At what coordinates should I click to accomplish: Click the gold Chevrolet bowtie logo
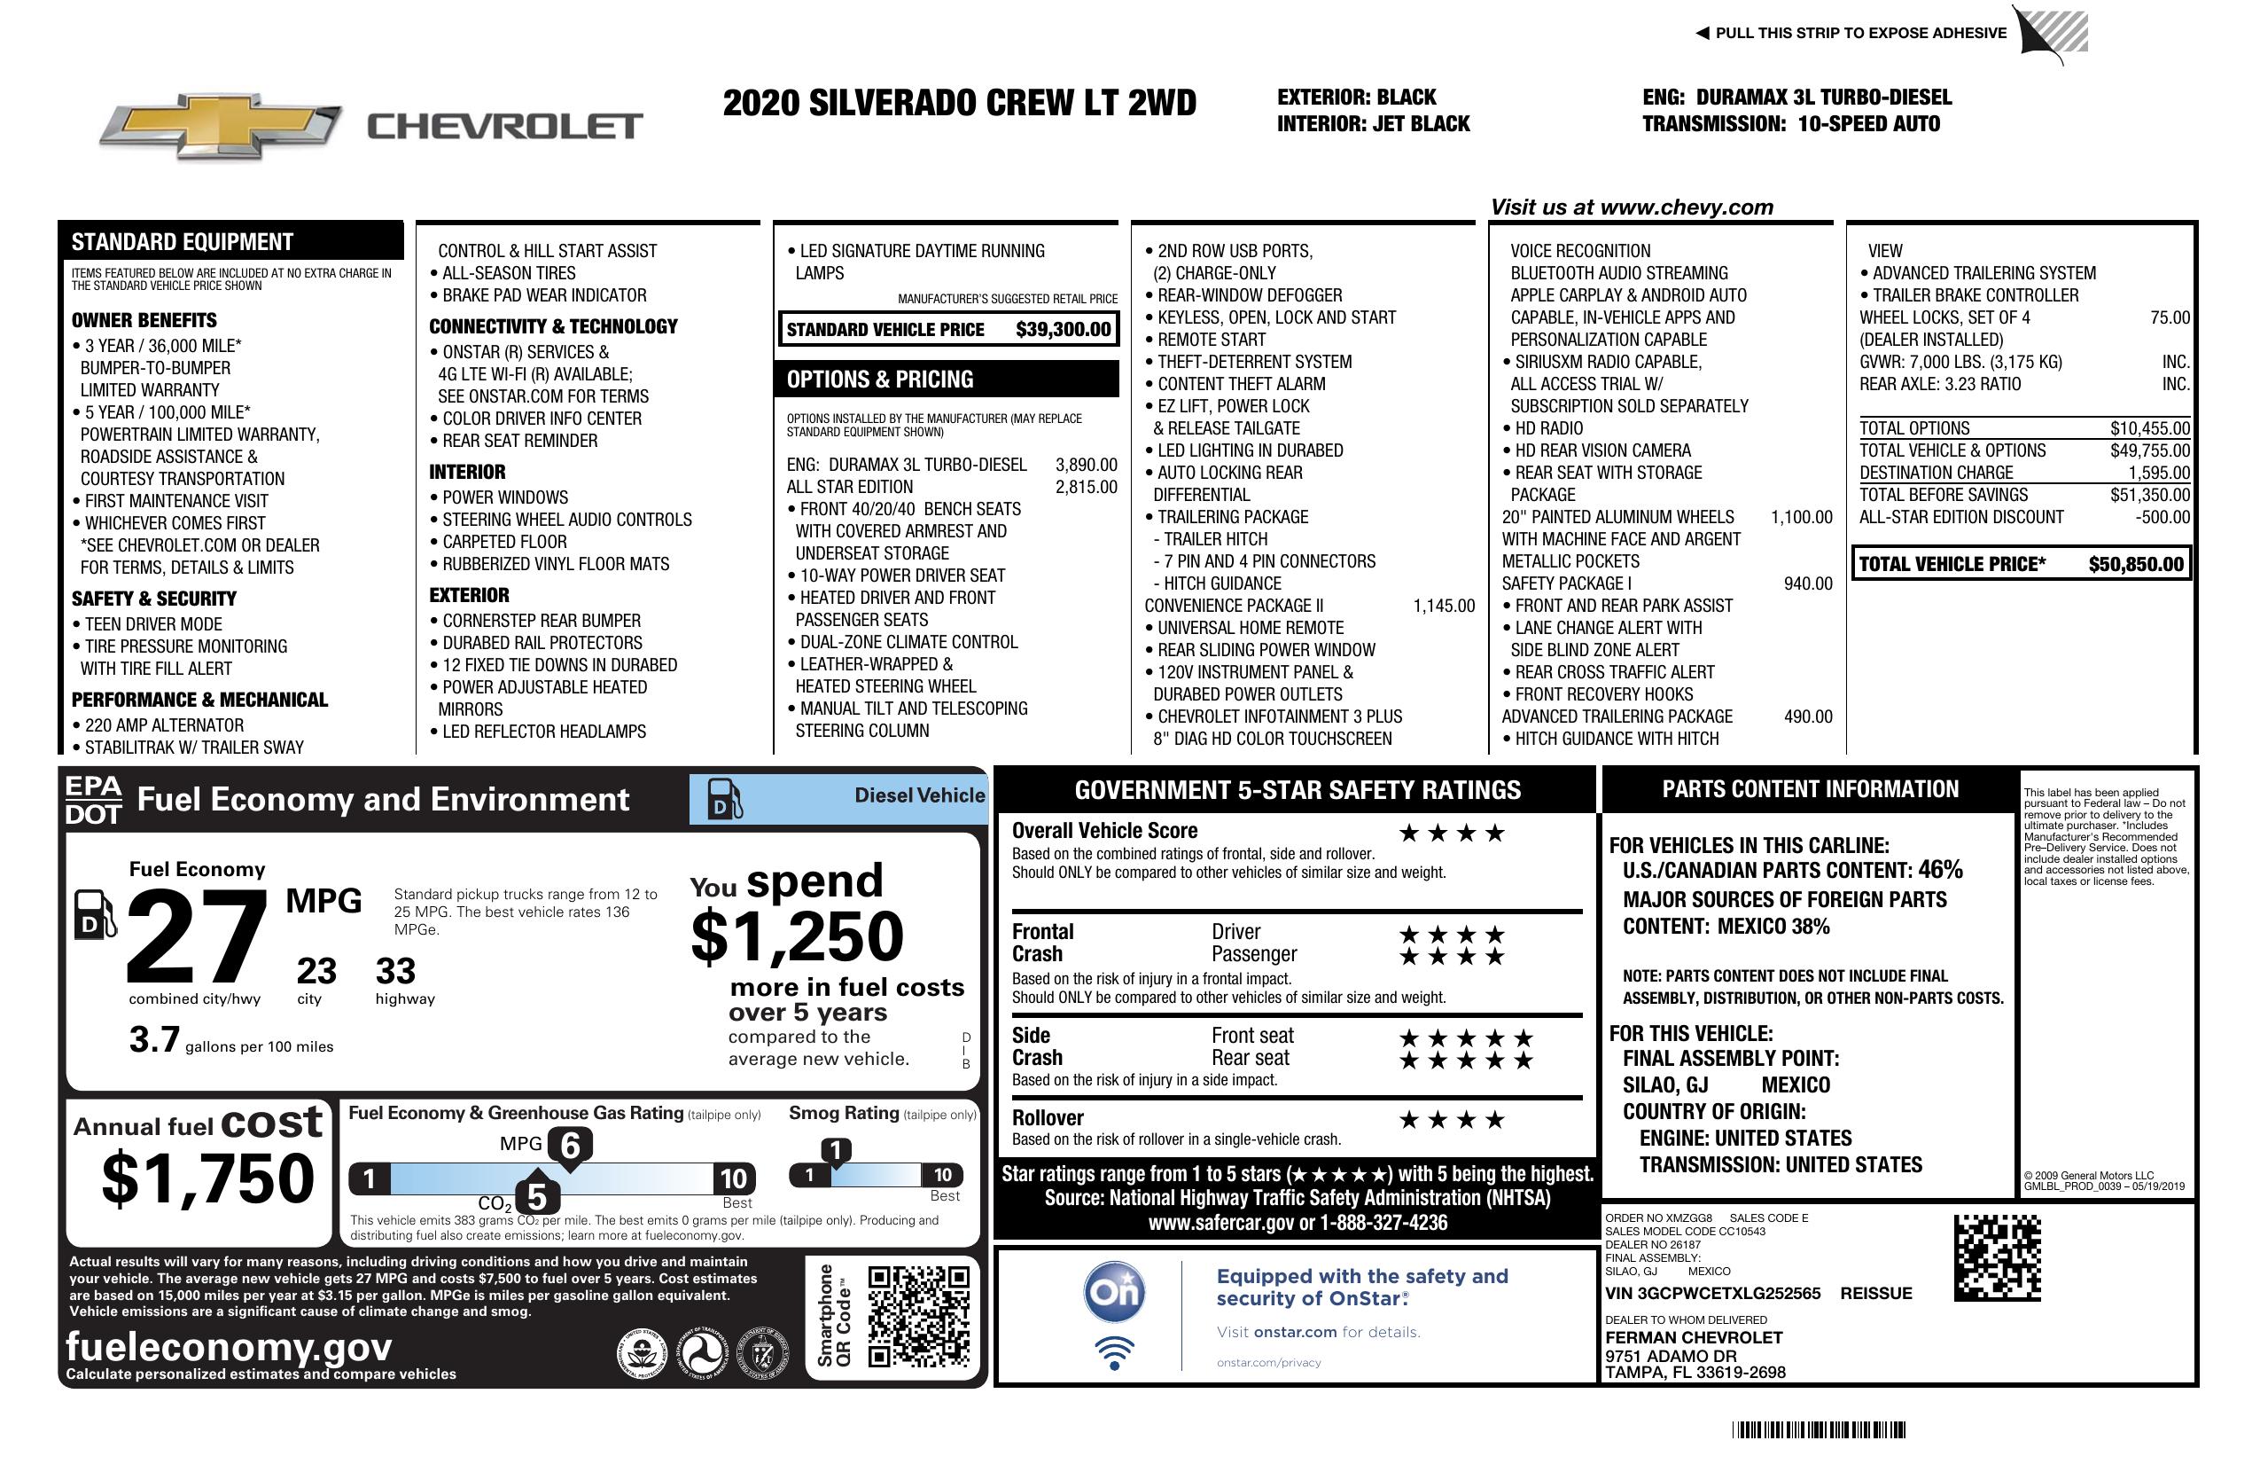tap(221, 125)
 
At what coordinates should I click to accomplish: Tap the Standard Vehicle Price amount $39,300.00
tap(1063, 330)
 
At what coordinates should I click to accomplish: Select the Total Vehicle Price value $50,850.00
tap(2136, 564)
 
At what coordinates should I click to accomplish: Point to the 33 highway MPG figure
tap(395, 971)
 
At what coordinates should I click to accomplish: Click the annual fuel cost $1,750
tap(208, 1178)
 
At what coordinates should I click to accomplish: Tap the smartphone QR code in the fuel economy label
tap(918, 1316)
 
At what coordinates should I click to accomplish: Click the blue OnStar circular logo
tap(1115, 1292)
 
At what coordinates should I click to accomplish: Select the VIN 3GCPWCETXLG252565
tap(1712, 1293)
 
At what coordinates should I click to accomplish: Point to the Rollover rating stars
tap(1452, 1120)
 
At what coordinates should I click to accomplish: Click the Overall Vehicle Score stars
tap(1452, 834)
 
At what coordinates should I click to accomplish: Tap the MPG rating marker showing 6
tap(570, 1145)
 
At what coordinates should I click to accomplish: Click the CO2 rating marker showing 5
tap(536, 1196)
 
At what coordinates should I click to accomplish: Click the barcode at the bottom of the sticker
tap(1819, 1429)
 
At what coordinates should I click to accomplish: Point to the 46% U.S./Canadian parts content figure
tap(1939, 869)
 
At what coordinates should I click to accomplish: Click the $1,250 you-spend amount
tap(797, 936)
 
